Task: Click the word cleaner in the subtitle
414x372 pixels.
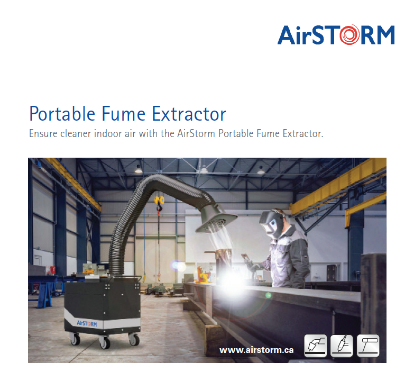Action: pos(73,133)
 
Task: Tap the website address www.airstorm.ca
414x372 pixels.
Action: pos(256,350)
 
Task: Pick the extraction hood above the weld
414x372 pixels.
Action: pos(215,220)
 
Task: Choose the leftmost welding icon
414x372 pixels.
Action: pos(316,346)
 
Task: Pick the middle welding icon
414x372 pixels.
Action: pos(342,346)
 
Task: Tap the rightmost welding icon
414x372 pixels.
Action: pos(368,346)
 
